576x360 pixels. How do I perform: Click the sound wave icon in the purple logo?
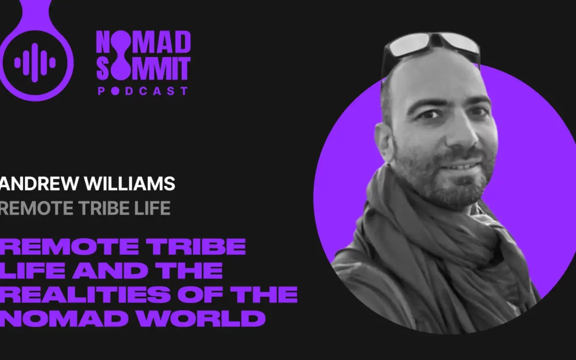click(x=35, y=63)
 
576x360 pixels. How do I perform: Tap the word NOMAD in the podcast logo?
click(x=143, y=43)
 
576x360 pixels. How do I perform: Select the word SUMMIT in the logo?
click(x=143, y=67)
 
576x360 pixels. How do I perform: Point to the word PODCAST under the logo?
click(x=143, y=91)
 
